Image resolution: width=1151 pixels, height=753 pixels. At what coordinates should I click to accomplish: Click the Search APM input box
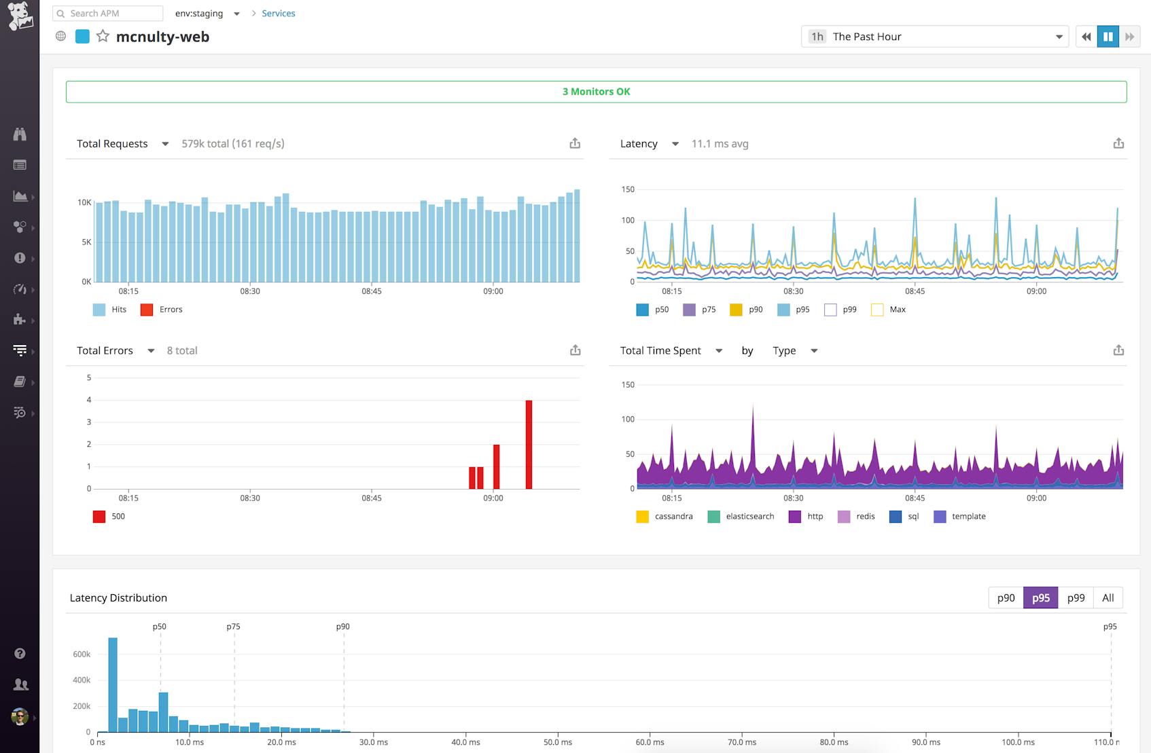pyautogui.click(x=109, y=14)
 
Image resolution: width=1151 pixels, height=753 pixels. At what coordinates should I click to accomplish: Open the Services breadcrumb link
pyautogui.click(x=278, y=14)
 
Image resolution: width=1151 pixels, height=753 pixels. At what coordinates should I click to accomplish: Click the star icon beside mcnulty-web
pyautogui.click(x=103, y=37)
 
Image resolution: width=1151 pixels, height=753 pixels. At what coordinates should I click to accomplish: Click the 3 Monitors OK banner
pyautogui.click(x=596, y=92)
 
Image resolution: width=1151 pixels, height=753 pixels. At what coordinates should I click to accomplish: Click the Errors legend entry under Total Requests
pyautogui.click(x=163, y=310)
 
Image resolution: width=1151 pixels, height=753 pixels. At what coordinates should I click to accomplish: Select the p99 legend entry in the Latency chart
pyautogui.click(x=841, y=310)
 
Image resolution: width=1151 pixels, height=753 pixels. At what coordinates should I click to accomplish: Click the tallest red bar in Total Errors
pyautogui.click(x=529, y=444)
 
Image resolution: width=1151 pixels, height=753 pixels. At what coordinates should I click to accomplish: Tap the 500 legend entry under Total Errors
pyautogui.click(x=109, y=517)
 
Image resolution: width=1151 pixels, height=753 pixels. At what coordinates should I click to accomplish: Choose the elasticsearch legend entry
pyautogui.click(x=741, y=517)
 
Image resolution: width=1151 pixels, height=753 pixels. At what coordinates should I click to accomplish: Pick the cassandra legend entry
pyautogui.click(x=665, y=517)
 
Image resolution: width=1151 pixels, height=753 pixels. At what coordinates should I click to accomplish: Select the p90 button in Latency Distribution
pyautogui.click(x=1006, y=598)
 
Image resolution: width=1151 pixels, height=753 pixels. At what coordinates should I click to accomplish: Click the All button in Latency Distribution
pyautogui.click(x=1108, y=598)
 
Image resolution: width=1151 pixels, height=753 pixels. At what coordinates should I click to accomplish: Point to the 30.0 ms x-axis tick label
pyautogui.click(x=373, y=742)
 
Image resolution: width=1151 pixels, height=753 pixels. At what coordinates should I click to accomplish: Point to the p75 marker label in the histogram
pyautogui.click(x=233, y=627)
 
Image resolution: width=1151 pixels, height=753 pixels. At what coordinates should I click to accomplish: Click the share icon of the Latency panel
pyautogui.click(x=1118, y=143)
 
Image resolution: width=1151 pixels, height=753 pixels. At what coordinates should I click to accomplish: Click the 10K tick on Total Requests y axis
pyautogui.click(x=84, y=202)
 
